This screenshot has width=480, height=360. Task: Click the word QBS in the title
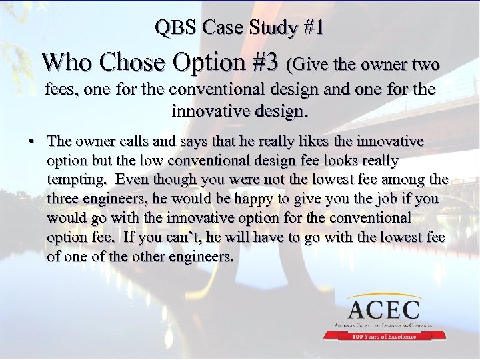point(176,28)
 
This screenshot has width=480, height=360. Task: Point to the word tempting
point(75,180)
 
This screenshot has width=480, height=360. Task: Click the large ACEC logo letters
point(383,309)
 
